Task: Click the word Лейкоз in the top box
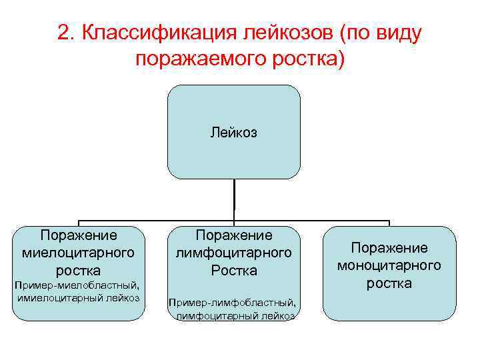coord(234,133)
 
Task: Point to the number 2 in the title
coord(64,34)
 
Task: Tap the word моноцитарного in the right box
coord(389,265)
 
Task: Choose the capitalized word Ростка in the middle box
coord(233,271)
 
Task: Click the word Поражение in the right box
coord(389,248)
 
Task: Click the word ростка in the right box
coord(389,283)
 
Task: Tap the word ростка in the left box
coord(79,271)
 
